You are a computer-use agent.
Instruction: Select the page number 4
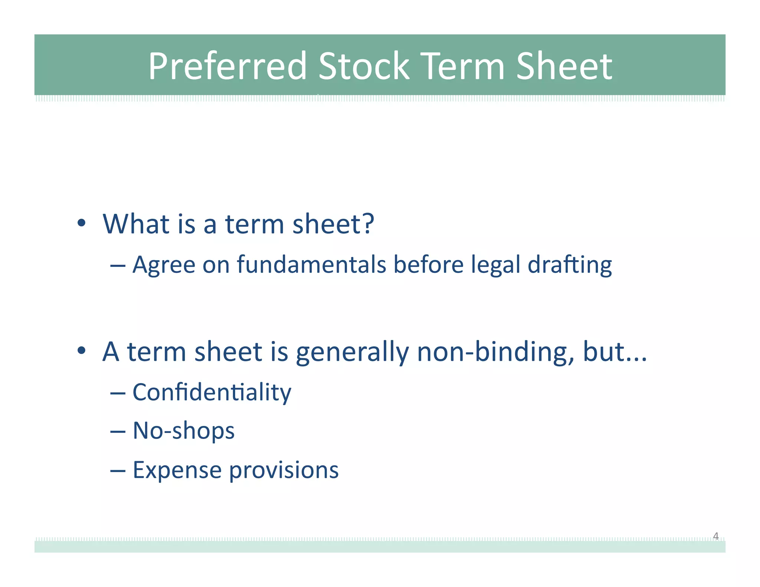(715, 536)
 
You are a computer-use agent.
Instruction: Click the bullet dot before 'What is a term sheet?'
(82, 223)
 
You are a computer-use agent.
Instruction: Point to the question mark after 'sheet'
(368, 224)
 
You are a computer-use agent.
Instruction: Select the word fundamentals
(311, 265)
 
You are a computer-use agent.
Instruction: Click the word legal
(496, 265)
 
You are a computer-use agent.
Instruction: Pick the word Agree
(164, 265)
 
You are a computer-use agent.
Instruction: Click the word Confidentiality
(212, 393)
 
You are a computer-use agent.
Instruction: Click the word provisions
(284, 470)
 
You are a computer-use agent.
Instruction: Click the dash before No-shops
(118, 432)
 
